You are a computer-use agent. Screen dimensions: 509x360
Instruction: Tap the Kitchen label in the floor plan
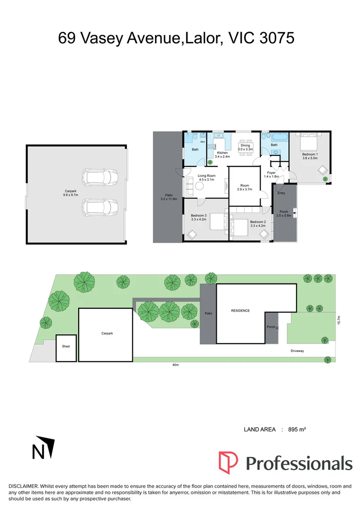click(x=222, y=153)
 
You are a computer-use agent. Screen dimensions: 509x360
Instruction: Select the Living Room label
click(x=207, y=176)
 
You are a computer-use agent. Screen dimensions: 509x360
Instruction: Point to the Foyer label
click(x=271, y=173)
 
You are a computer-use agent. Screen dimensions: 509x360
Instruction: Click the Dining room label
click(x=245, y=146)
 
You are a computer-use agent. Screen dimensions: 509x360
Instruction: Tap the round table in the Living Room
click(x=200, y=187)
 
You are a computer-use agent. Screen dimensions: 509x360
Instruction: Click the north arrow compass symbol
click(x=43, y=447)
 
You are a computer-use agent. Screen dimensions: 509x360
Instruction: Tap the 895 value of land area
click(x=294, y=429)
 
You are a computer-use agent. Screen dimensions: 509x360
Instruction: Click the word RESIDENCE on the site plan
click(x=240, y=311)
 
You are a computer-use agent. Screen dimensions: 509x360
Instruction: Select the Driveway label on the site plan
click(x=297, y=351)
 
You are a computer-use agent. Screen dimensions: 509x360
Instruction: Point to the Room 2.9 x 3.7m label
click(x=245, y=188)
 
